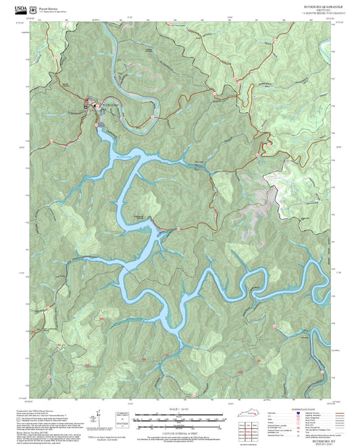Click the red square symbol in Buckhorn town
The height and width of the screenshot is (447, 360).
point(86,103)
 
